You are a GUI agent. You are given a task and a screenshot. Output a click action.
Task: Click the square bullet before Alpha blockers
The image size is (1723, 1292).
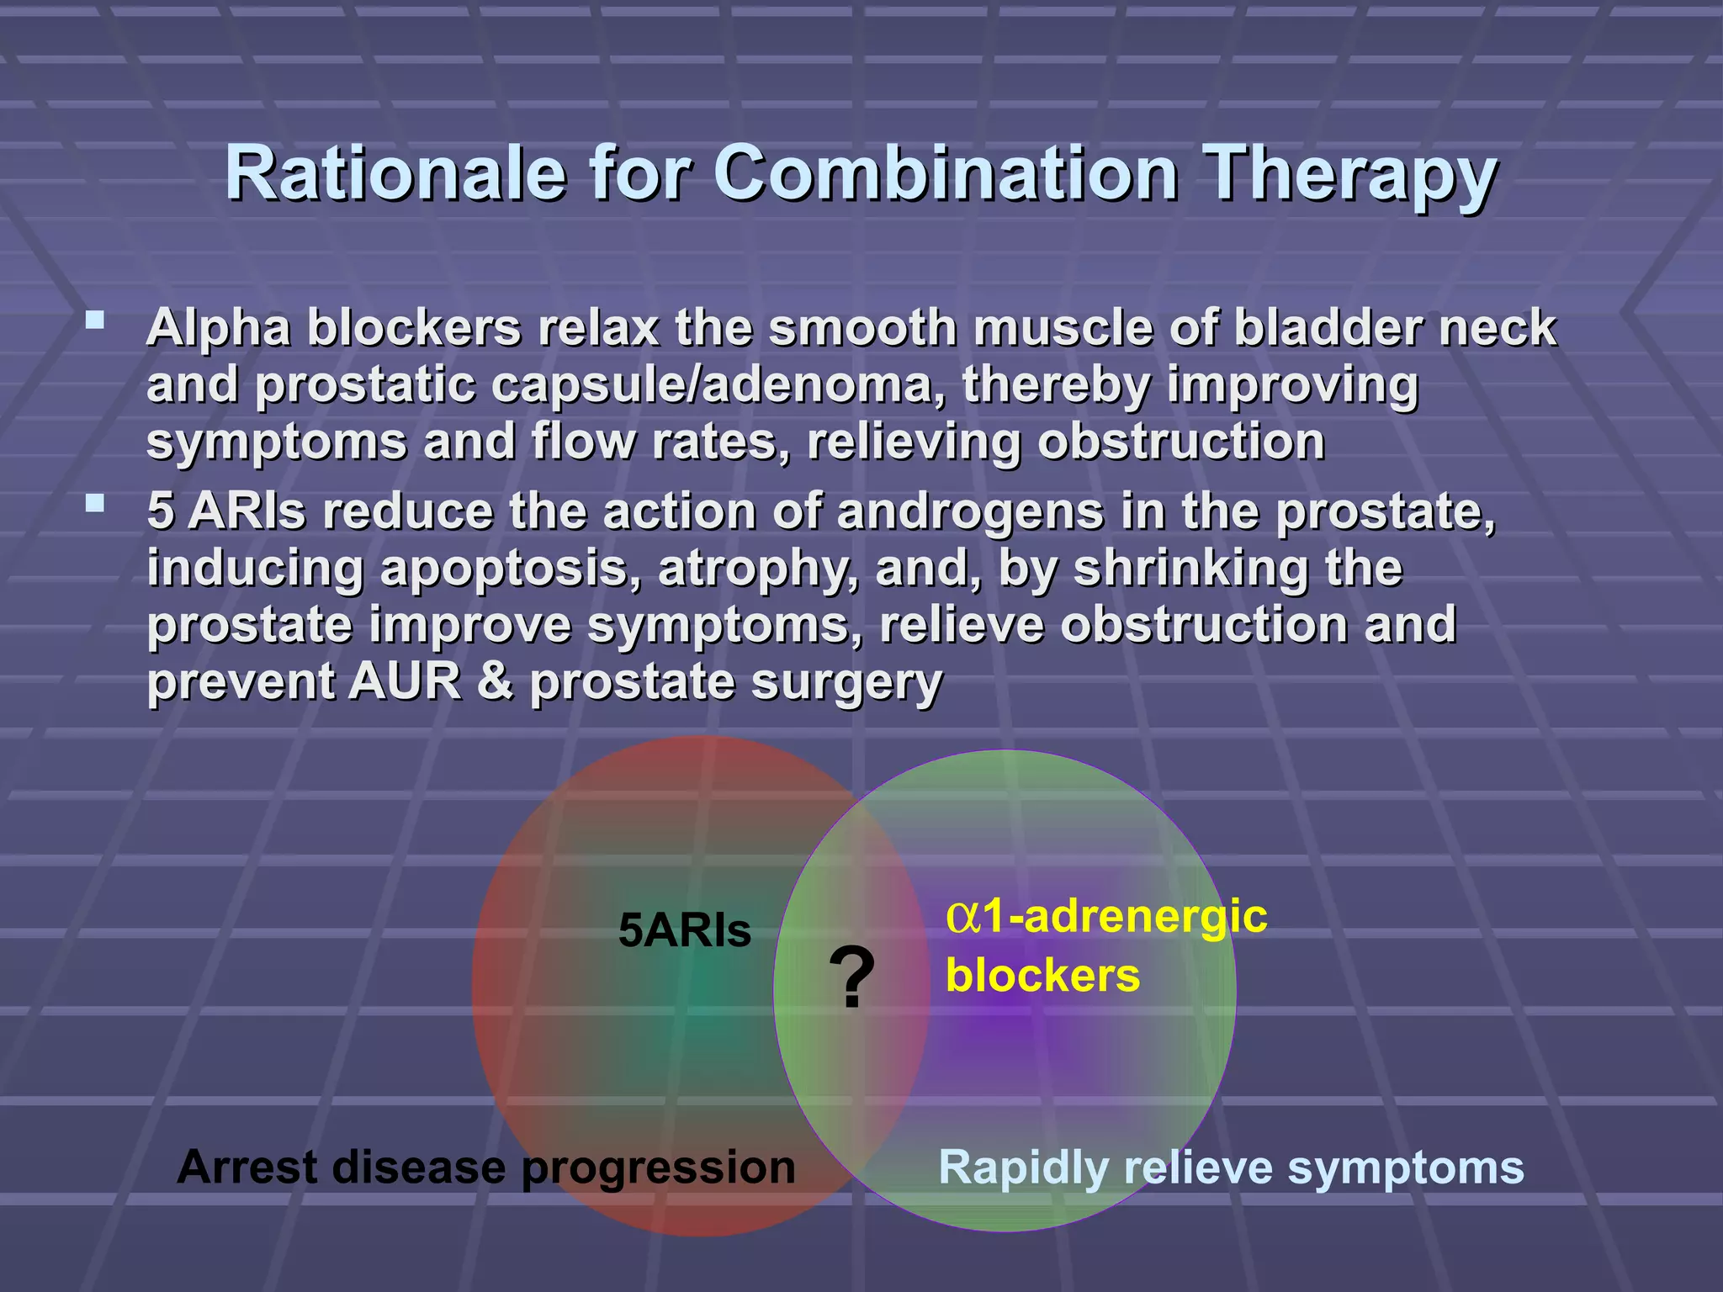click(95, 320)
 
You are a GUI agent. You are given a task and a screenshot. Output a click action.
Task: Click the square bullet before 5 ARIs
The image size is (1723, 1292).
click(95, 504)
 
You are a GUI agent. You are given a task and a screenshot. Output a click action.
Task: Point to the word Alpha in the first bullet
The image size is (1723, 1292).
click(219, 328)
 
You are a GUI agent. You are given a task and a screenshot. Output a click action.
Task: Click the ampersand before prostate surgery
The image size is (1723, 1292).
click(495, 681)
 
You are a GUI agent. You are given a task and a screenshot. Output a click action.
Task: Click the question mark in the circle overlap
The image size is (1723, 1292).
click(851, 977)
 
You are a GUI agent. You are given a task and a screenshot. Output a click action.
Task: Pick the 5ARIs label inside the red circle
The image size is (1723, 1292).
click(684, 931)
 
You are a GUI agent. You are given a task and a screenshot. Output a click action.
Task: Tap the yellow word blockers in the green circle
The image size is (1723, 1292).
click(1042, 976)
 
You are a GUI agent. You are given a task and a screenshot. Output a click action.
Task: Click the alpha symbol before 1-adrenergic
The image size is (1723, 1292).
click(962, 916)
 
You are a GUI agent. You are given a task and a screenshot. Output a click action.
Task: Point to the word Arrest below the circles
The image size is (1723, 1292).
click(247, 1168)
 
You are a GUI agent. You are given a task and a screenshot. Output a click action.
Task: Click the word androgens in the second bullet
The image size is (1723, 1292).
click(969, 512)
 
